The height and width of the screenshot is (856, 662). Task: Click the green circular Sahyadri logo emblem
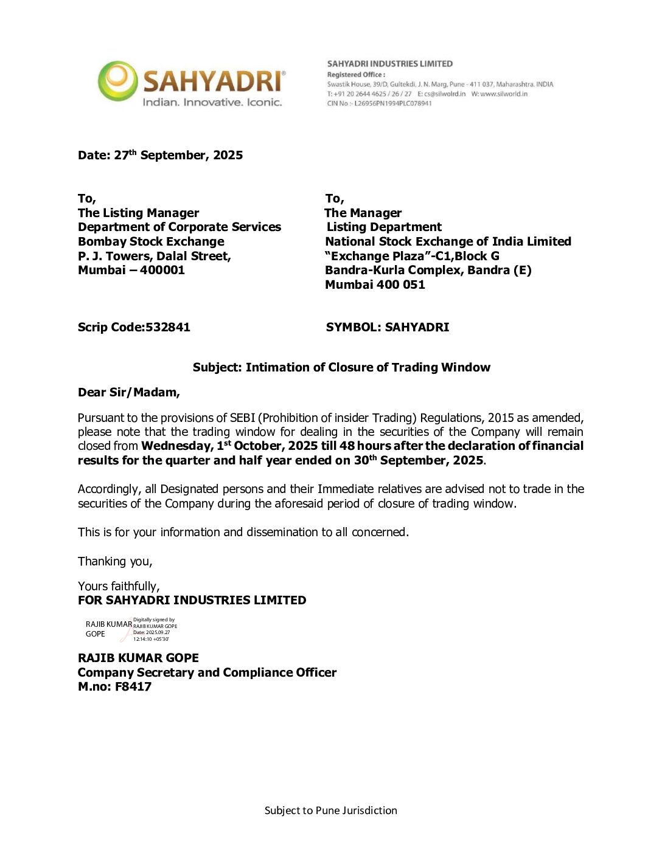click(117, 80)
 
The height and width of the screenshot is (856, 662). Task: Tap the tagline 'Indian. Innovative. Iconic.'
click(212, 102)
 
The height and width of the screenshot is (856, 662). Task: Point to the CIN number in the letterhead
click(380, 103)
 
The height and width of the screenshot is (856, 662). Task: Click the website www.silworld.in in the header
click(499, 94)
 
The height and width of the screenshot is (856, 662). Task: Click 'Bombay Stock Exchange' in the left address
click(151, 241)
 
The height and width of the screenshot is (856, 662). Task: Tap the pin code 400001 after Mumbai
click(162, 270)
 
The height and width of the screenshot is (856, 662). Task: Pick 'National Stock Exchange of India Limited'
click(448, 241)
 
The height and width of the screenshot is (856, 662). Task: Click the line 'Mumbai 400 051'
click(375, 285)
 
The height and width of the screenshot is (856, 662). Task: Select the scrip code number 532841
click(167, 327)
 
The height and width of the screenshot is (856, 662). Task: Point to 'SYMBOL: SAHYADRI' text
click(388, 327)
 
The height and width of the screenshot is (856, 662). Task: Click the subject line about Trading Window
click(341, 367)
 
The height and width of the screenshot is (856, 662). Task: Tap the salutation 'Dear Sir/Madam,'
click(129, 392)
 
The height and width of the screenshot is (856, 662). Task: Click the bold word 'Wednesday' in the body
click(176, 446)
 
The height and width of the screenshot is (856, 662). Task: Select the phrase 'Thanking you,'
click(115, 561)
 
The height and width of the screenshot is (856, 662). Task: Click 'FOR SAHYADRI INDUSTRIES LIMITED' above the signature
click(192, 600)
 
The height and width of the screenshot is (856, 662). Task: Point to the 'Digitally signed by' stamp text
click(154, 620)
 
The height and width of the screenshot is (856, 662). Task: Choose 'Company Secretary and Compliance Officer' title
click(207, 672)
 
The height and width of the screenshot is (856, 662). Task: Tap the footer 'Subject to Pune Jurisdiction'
click(330, 810)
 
